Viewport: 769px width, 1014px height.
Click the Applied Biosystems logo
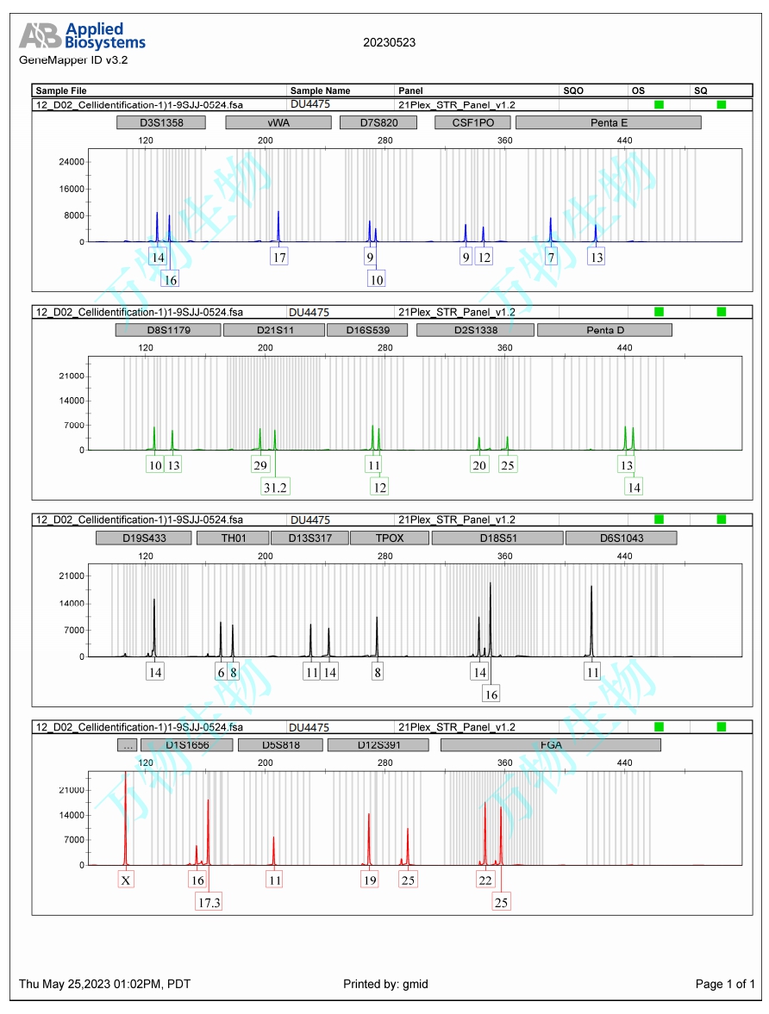pyautogui.click(x=83, y=36)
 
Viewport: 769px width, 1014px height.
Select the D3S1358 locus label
pyautogui.click(x=161, y=122)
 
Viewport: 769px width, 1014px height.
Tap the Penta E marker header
pyautogui.click(x=609, y=122)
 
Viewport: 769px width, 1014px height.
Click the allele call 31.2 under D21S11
pyautogui.click(x=276, y=487)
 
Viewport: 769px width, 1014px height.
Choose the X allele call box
pyautogui.click(x=126, y=880)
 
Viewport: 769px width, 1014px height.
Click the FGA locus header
pyautogui.click(x=550, y=745)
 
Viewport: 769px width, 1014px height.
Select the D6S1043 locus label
pyautogui.click(x=621, y=538)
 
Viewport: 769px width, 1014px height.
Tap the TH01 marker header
pyautogui.click(x=233, y=538)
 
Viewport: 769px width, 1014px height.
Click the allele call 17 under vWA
pyautogui.click(x=278, y=257)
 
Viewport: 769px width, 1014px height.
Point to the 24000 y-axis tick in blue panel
pyautogui.click(x=71, y=162)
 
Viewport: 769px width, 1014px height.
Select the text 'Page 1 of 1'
pyautogui.click(x=725, y=984)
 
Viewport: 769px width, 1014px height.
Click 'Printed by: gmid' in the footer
pyautogui.click(x=385, y=984)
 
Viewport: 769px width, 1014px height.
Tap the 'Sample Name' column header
pyautogui.click(x=320, y=90)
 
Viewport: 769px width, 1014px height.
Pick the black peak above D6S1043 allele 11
pyautogui.click(x=591, y=620)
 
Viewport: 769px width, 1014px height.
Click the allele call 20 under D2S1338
pyautogui.click(x=479, y=465)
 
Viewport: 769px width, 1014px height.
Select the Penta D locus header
pyautogui.click(x=604, y=330)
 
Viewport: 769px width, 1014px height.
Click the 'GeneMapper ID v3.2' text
pyautogui.click(x=73, y=60)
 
